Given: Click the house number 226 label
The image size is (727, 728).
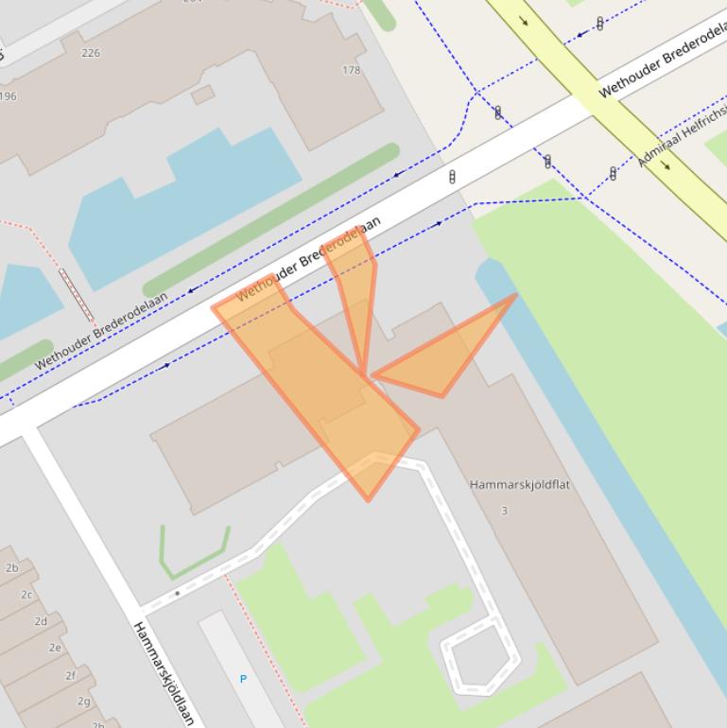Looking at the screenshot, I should tap(91, 53).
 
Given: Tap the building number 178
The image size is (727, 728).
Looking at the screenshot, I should tap(352, 70).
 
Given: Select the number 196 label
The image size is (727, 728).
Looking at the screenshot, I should tap(8, 95).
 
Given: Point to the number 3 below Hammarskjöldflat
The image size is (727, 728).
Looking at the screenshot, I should tap(504, 511).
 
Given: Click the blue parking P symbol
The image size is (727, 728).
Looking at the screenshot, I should tap(243, 679).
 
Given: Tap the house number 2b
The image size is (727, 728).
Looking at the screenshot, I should tap(12, 568).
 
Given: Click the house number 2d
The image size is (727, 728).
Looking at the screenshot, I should tap(41, 621).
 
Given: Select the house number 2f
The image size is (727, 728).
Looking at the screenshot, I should tap(70, 675).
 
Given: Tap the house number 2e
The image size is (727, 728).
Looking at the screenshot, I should tap(56, 648).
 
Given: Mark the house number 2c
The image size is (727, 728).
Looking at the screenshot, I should tap(26, 595).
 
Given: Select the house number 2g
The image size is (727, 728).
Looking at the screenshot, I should tap(84, 701).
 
